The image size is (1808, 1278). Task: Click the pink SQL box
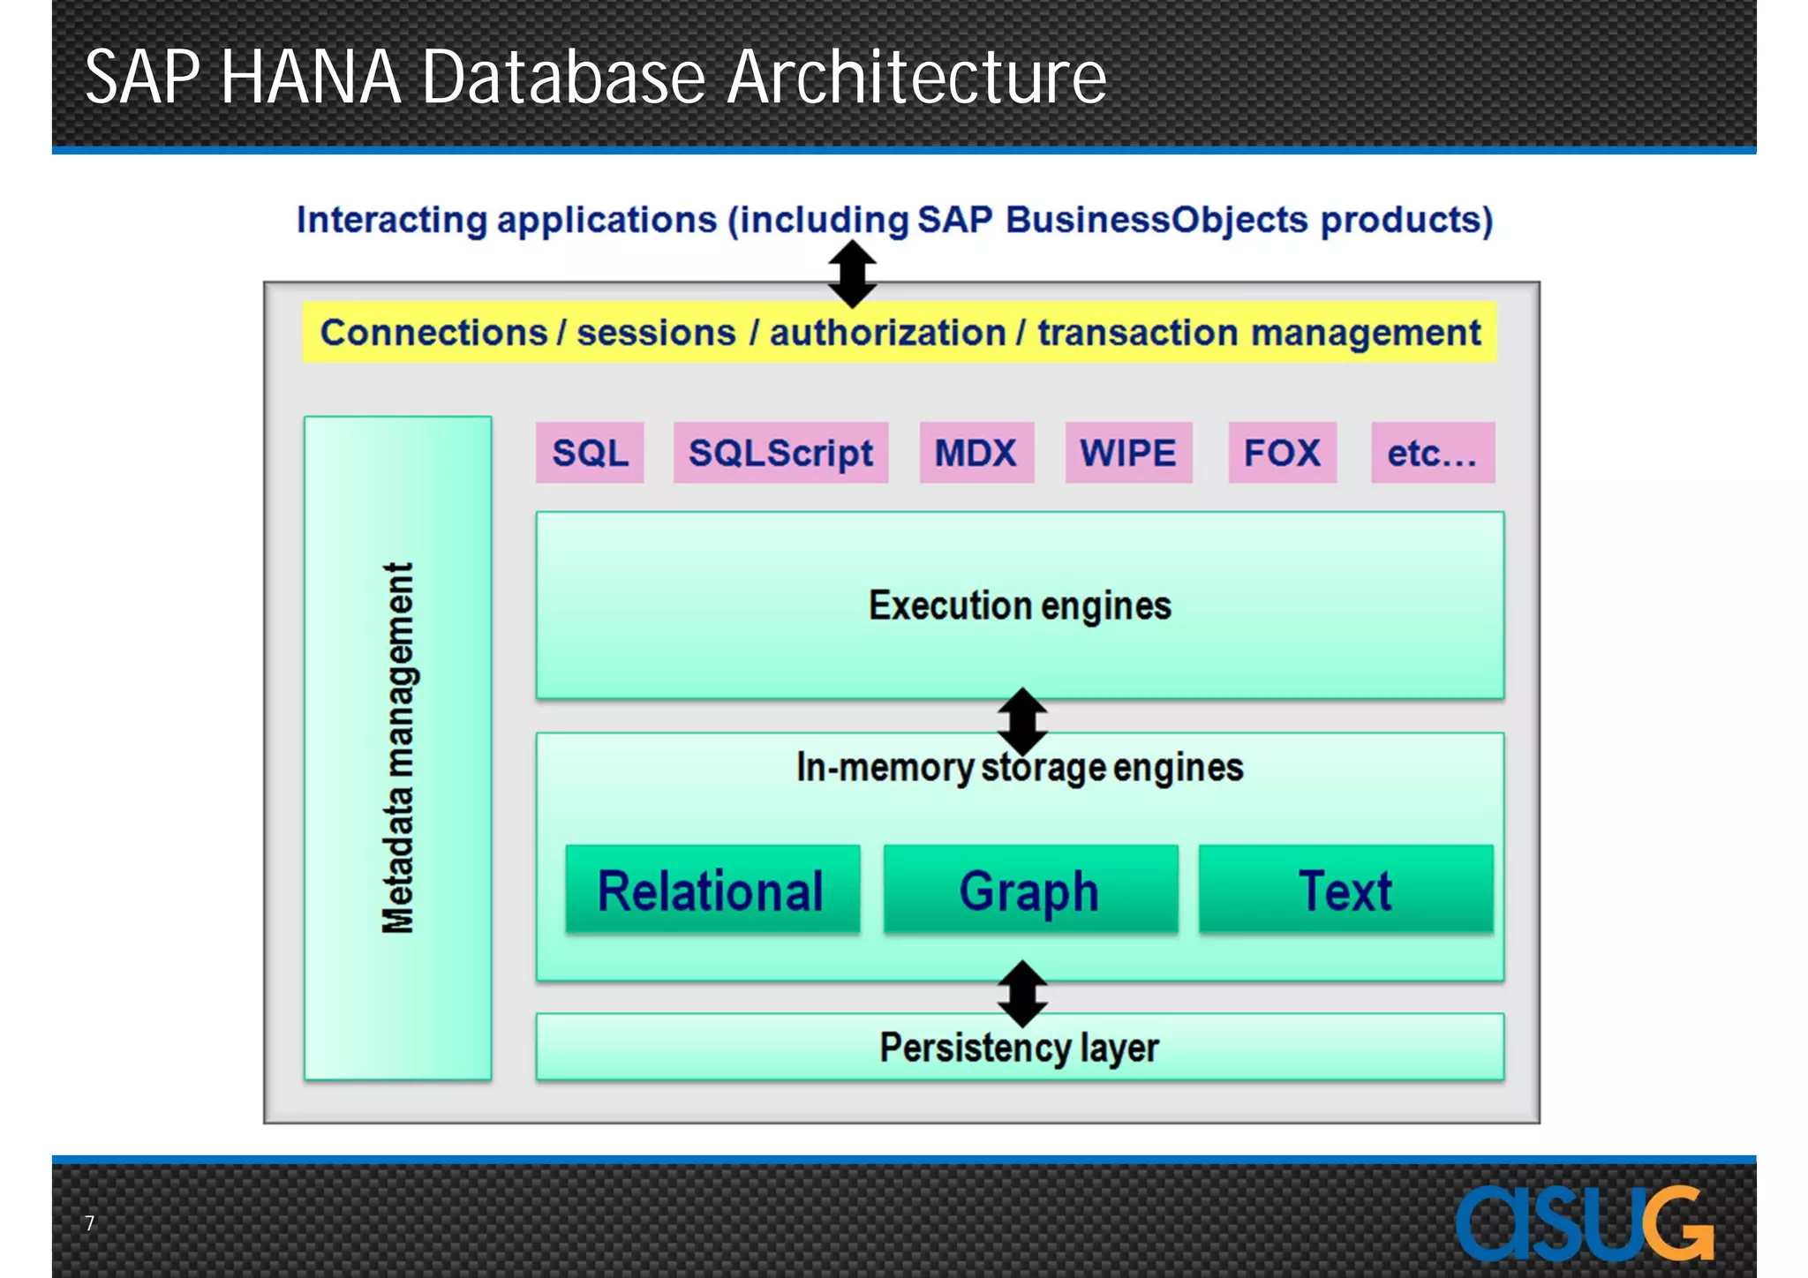pos(590,453)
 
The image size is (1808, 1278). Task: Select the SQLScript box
pos(780,453)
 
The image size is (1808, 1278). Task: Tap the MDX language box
pos(976,453)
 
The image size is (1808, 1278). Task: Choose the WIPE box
pos(1128,453)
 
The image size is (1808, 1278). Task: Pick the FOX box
pos(1282,453)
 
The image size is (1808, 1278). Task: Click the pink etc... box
pos(1432,453)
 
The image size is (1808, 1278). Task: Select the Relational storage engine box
pos(712,890)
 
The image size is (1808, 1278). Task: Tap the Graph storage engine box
pos(1030,890)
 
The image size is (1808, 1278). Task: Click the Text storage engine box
pos(1345,890)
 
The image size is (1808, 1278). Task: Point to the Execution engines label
pos(1020,606)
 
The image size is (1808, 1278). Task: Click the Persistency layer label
pos(1020,1049)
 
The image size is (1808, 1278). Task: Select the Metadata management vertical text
pos(398,748)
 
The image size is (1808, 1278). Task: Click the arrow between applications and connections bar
pos(852,274)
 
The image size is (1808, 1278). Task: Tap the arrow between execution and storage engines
pos(1022,721)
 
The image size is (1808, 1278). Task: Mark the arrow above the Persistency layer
pos(1022,994)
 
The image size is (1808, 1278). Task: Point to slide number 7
pos(89,1223)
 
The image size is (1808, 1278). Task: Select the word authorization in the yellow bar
pos(887,333)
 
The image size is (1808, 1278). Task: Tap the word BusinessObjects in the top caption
pos(1156,220)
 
